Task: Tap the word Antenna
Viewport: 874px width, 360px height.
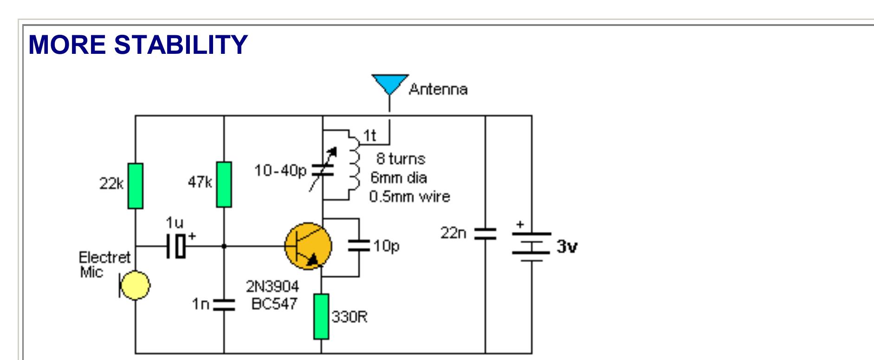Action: click(438, 89)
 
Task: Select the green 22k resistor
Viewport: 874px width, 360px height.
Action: click(136, 186)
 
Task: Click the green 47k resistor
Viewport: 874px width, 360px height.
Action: click(224, 184)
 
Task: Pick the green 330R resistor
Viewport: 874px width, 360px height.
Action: click(321, 316)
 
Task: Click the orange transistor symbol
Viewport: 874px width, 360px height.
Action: click(308, 246)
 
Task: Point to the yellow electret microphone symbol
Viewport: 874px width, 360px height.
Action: click(135, 285)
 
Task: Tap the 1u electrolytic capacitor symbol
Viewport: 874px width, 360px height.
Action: click(177, 246)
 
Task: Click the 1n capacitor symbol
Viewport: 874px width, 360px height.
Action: click(224, 304)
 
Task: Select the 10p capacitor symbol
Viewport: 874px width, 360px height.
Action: click(359, 246)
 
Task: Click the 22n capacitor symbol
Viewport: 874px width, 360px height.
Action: click(485, 233)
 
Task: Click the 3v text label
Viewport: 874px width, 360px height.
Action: click(567, 246)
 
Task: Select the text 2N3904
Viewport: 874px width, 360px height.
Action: click(272, 286)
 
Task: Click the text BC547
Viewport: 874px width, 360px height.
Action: click(274, 304)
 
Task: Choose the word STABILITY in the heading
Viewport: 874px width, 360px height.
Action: click(181, 45)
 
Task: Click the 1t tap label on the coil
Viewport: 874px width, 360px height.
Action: click(369, 135)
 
